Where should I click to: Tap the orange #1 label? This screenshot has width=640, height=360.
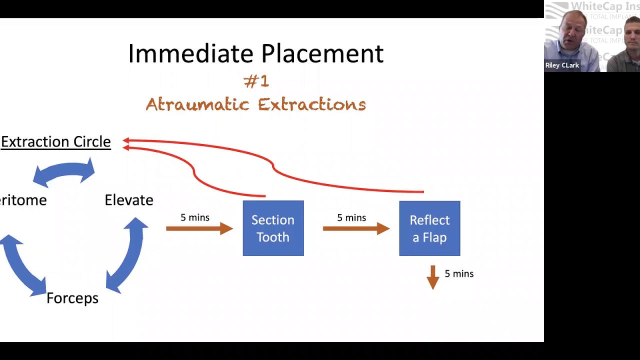coord(256,81)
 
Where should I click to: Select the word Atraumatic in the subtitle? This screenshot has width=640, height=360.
coord(197,104)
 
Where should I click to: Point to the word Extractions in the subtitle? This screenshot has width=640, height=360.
coord(312,104)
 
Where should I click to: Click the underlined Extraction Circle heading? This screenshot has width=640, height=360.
coord(55,142)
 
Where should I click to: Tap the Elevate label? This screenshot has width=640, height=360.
coord(129,200)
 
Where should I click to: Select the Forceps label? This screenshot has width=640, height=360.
coord(72,298)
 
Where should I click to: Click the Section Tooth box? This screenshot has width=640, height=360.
coord(273,228)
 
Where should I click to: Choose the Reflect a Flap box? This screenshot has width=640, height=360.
coord(429,228)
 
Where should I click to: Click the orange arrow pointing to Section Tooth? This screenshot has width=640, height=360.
coord(199,229)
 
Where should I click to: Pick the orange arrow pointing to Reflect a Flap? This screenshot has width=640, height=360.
coord(356,229)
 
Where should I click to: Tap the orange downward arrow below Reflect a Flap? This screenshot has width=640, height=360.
coord(433,277)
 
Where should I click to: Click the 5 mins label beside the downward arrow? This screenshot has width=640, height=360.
coord(459,274)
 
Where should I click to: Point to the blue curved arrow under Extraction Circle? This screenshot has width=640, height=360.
coord(63,172)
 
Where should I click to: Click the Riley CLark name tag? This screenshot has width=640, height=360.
coord(562,65)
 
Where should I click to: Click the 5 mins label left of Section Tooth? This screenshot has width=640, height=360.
coord(195,217)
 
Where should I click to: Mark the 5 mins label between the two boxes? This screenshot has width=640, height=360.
coord(351,217)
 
